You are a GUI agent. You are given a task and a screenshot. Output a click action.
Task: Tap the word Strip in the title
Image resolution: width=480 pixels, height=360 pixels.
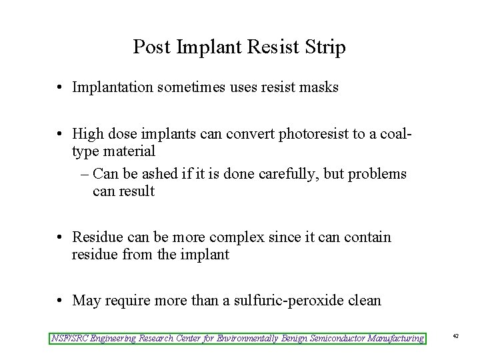click(326, 47)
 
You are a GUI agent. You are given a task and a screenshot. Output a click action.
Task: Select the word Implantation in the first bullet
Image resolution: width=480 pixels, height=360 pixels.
click(113, 87)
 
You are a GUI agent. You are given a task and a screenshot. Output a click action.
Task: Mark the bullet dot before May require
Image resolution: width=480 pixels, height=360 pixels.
click(59, 301)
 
